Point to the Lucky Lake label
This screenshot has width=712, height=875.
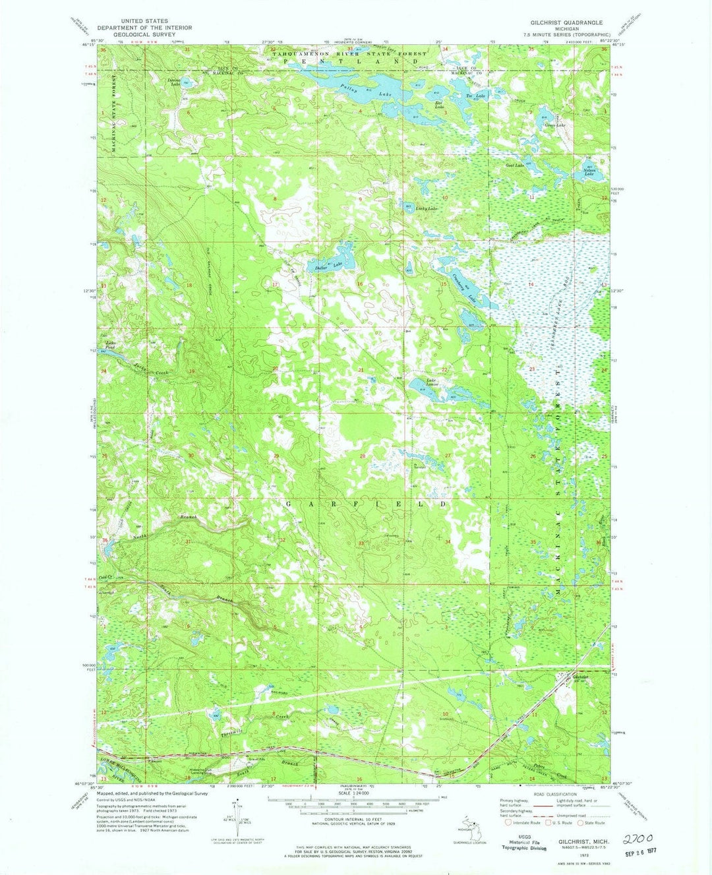[x=427, y=209]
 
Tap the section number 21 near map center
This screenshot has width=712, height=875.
[x=361, y=370]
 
